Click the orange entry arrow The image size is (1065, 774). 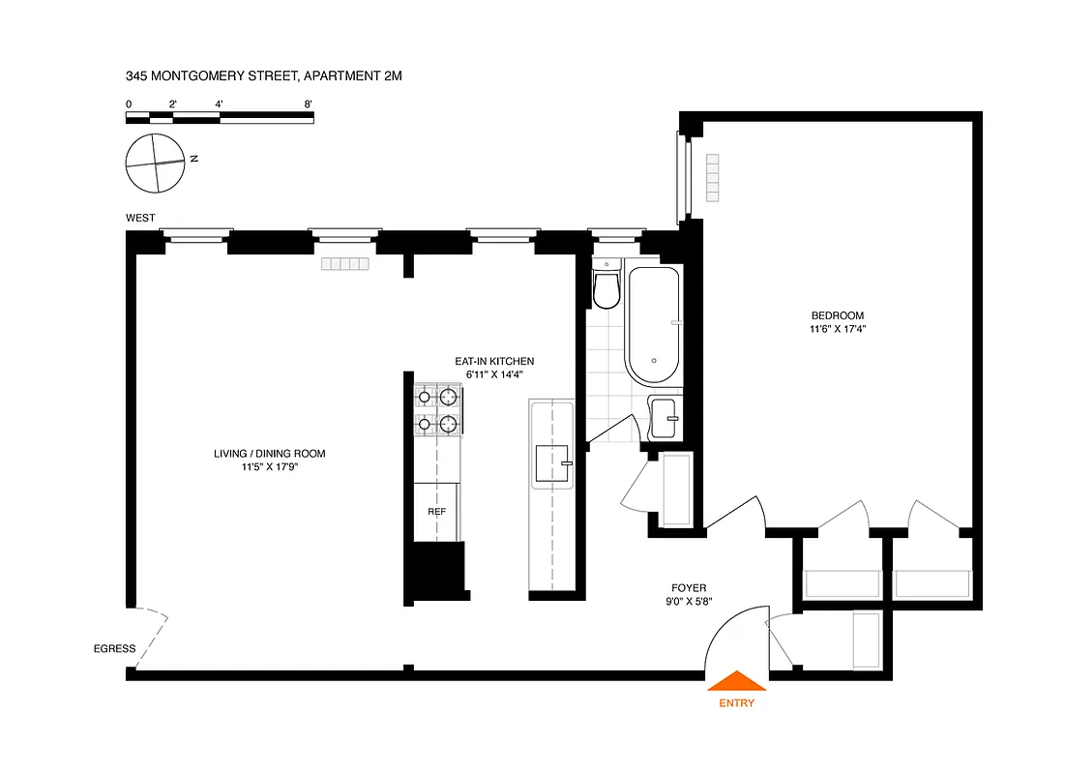point(737,682)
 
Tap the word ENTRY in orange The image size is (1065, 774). point(737,703)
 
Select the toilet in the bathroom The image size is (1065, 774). point(606,287)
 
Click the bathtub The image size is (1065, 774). point(653,326)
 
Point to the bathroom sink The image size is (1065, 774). point(665,417)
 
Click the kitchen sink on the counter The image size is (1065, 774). point(552,465)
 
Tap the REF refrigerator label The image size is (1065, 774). point(436,512)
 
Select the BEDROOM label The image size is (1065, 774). point(837,315)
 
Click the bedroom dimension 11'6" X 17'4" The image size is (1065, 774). point(837,329)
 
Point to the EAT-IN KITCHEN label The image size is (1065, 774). point(494,361)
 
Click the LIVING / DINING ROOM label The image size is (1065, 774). point(270,454)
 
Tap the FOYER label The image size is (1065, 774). point(689,587)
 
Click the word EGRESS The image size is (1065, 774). point(115,648)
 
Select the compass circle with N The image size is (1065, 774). point(155,163)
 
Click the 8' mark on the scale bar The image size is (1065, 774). point(309,103)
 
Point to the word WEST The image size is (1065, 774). point(140,219)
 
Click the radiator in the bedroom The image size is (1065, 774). point(713,178)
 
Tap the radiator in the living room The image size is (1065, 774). point(346,264)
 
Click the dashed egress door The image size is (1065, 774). point(151,638)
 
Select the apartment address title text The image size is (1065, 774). point(263,74)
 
